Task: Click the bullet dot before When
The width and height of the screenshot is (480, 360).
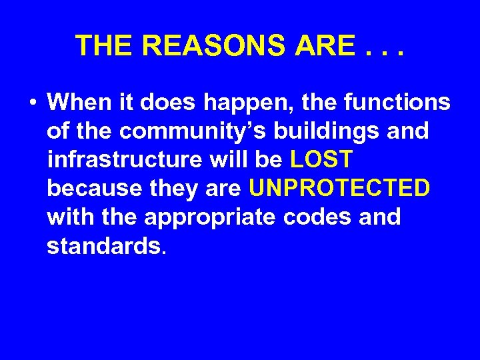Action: coord(32,103)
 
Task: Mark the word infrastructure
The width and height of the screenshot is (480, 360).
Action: coord(124,161)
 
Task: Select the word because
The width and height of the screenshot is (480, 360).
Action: coord(91,189)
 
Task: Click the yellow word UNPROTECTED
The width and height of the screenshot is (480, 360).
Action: coord(339,189)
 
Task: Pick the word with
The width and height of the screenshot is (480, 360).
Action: coord(69,218)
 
